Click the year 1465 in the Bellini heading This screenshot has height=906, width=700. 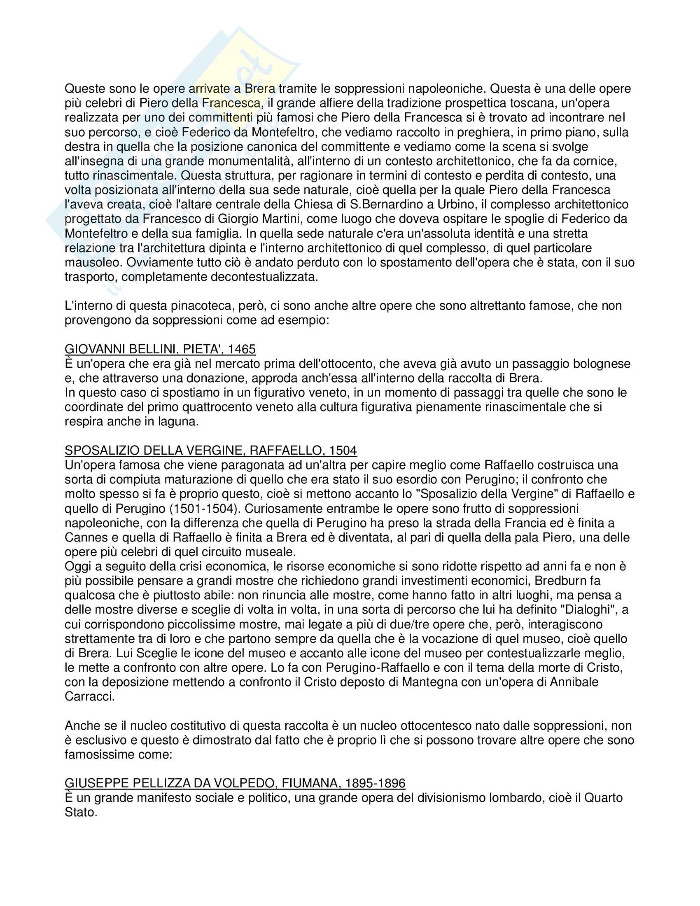241,349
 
